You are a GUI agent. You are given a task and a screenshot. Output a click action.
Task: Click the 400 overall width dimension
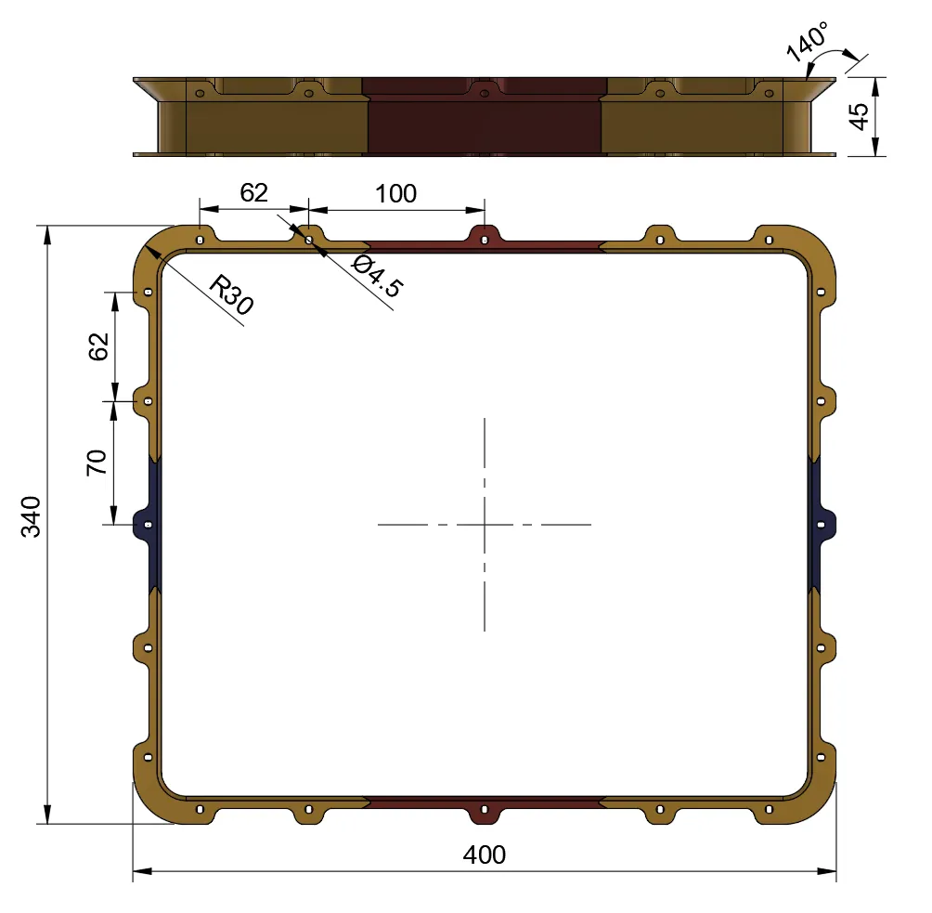click(484, 854)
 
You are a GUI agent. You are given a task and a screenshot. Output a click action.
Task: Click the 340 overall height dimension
click(32, 516)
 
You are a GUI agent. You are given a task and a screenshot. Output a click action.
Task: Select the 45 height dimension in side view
click(860, 115)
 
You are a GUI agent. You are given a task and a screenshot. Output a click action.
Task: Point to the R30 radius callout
click(230, 295)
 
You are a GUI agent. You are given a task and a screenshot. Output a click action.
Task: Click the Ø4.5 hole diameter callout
click(377, 276)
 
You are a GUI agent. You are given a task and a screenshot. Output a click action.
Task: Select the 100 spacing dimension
click(395, 193)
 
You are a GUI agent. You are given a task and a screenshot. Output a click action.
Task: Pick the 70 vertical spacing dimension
click(97, 462)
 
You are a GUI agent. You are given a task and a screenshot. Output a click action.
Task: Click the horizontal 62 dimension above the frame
click(253, 192)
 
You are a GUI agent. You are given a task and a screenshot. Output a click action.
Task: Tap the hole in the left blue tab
click(148, 525)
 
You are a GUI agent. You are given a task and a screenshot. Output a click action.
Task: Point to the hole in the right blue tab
click(821, 525)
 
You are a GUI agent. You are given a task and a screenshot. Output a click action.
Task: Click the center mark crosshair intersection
click(484, 525)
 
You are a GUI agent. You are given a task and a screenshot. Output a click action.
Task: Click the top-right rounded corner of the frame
click(814, 248)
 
